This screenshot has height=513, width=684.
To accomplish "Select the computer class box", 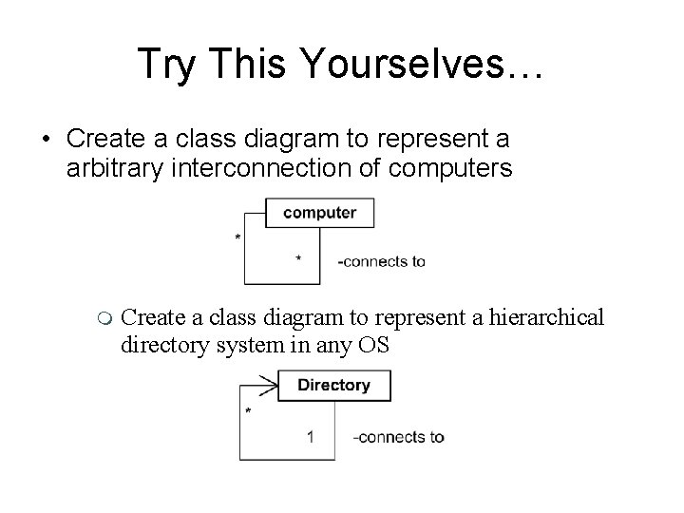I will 320,212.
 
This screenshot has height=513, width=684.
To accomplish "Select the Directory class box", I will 333,385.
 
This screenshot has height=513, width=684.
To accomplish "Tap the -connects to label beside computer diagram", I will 382,262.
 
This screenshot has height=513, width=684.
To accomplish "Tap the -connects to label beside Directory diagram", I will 398,438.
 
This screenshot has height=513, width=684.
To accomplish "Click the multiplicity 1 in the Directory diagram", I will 311,437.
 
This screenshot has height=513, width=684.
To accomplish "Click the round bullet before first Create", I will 47,141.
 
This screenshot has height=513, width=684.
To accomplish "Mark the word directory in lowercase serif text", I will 159,344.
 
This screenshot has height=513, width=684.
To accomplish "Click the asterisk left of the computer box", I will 237,237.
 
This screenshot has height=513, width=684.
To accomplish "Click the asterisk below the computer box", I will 298,258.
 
